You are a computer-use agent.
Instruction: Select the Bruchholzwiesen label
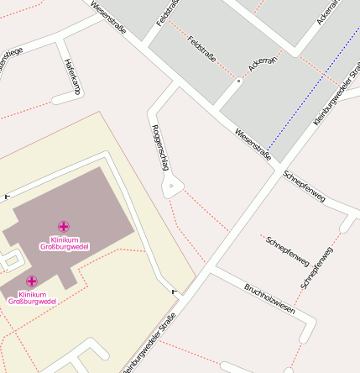(x=269, y=298)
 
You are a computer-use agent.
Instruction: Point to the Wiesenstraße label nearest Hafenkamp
(x=107, y=16)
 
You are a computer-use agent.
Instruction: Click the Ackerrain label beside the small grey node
(x=262, y=58)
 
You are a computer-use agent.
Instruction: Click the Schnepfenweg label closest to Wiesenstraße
(x=304, y=186)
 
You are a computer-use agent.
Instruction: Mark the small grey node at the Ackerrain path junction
(x=238, y=81)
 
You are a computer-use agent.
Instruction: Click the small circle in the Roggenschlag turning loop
(x=172, y=185)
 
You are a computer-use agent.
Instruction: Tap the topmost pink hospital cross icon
(x=64, y=226)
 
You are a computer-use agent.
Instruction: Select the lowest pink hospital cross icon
(x=32, y=281)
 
